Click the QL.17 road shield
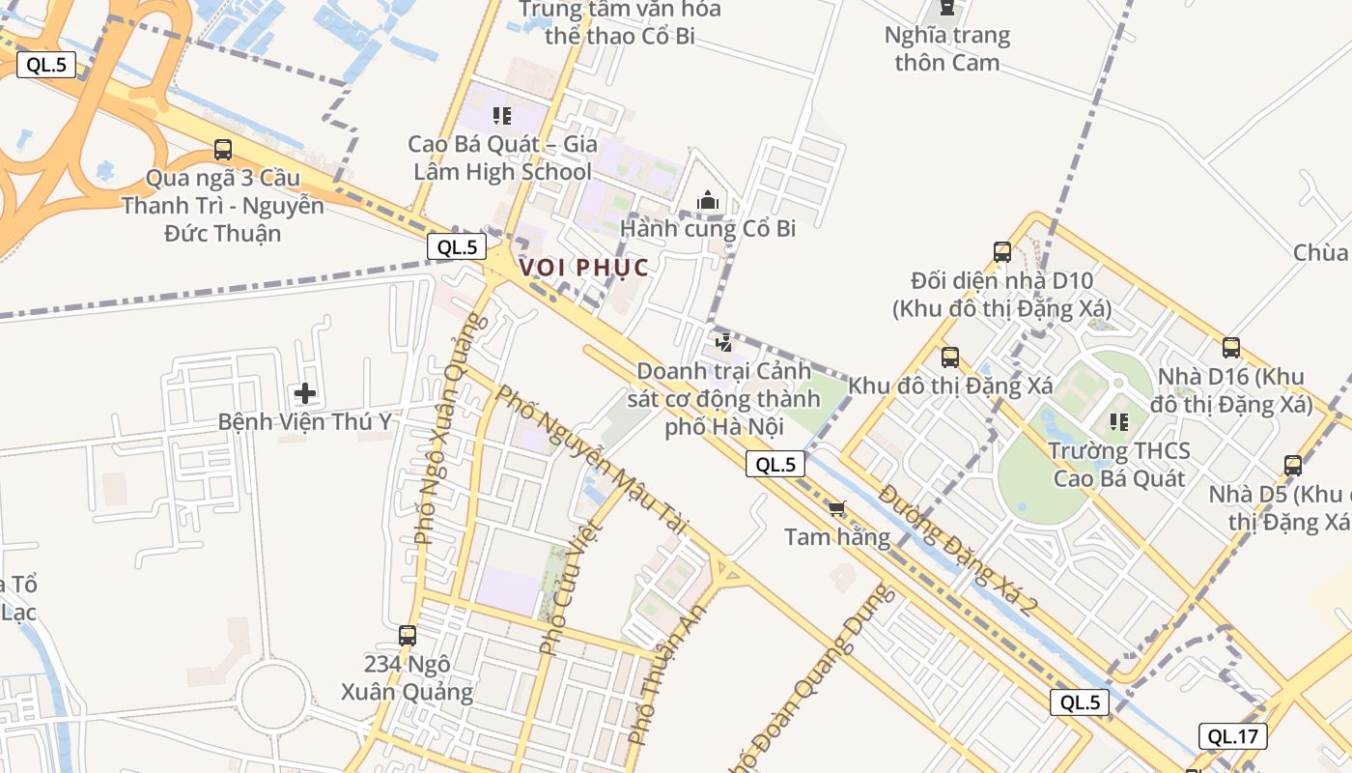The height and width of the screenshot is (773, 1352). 1233,736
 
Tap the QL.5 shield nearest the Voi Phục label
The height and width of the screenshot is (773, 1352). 457,246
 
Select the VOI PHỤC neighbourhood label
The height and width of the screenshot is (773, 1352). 583,268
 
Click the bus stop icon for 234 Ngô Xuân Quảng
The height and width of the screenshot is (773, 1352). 408,636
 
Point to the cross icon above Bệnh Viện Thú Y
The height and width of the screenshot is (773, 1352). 305,393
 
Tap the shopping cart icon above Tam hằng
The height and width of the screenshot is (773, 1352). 837,508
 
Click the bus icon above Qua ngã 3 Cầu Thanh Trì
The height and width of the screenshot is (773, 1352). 223,150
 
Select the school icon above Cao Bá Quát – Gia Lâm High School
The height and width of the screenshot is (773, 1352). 501,116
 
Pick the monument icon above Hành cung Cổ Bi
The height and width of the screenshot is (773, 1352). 708,201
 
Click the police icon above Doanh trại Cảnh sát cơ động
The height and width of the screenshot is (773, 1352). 723,342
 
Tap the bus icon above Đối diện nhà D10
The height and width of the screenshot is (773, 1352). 1002,252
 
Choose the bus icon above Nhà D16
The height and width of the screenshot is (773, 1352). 1230,348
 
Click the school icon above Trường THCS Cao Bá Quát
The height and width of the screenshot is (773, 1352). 1119,422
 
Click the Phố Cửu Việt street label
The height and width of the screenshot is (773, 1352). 570,587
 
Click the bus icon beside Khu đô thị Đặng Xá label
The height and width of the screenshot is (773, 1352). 950,358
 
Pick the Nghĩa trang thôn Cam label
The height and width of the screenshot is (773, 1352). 946,49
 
